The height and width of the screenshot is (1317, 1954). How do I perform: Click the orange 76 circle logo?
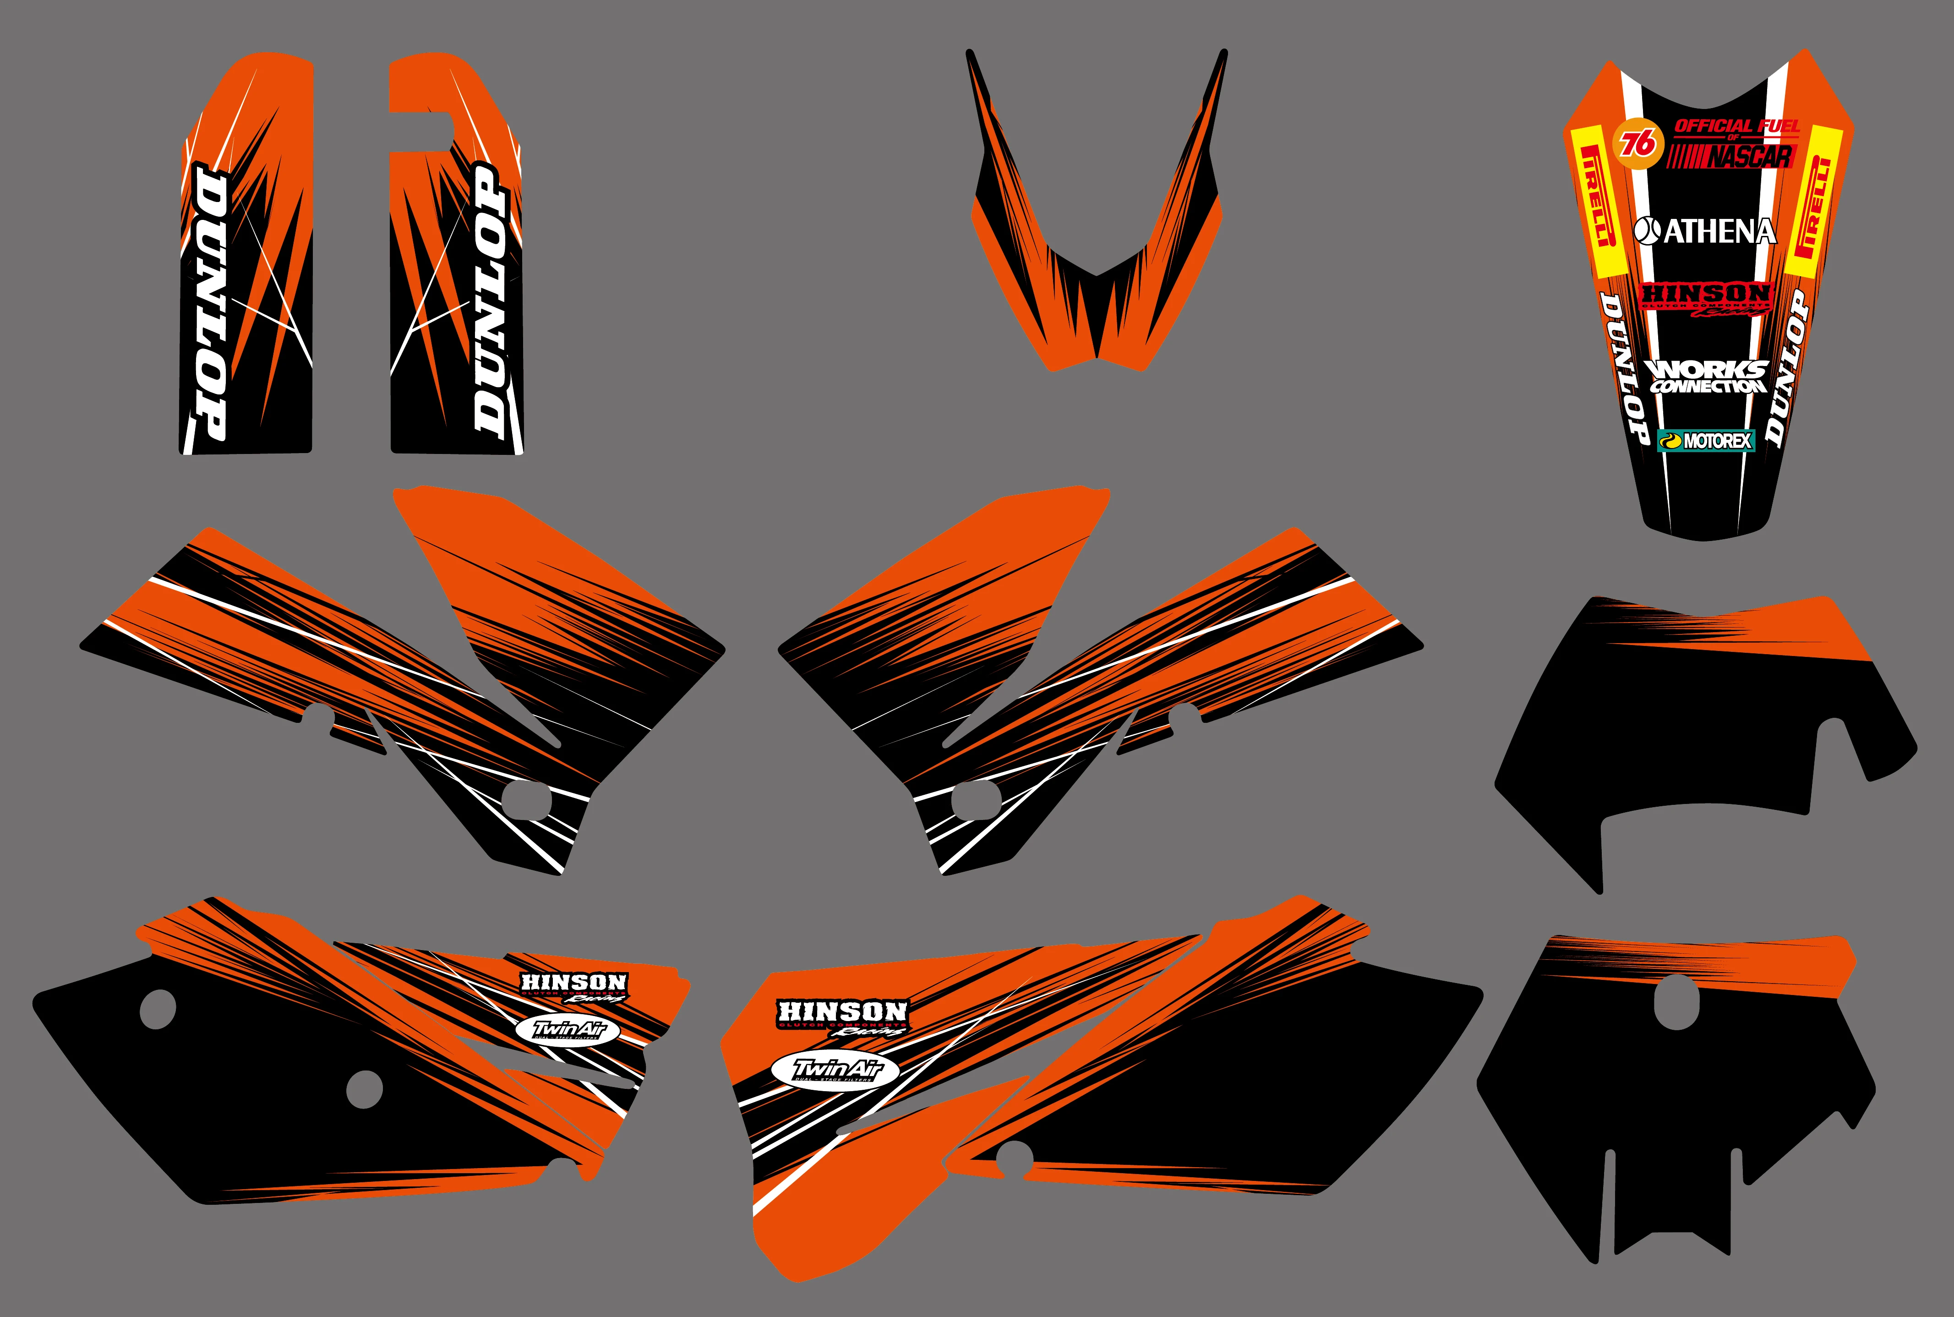click(x=1637, y=144)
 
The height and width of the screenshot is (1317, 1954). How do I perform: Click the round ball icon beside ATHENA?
click(x=1647, y=230)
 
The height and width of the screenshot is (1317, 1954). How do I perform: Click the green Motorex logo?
click(x=1705, y=440)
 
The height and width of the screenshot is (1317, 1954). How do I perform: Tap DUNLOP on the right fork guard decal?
click(x=492, y=298)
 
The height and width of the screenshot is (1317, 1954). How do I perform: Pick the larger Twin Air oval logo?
click(x=835, y=1071)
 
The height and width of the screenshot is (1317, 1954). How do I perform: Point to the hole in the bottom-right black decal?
click(x=1676, y=1002)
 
